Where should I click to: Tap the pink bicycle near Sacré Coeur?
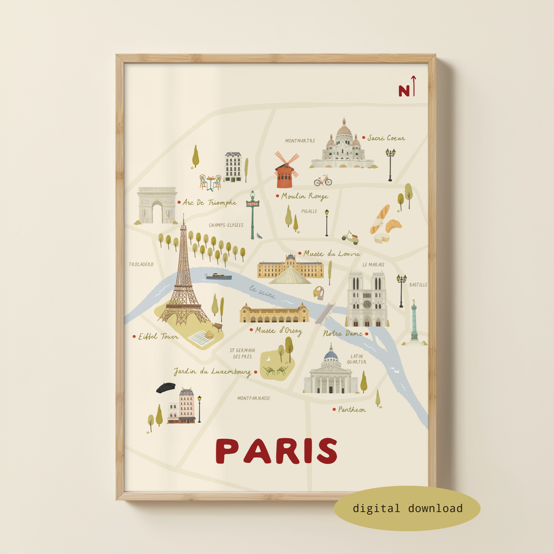323,181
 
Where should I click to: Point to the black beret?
166,387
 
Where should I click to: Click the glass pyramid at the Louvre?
290,276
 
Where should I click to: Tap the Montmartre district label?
300,141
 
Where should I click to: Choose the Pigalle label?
309,211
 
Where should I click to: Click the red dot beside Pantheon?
334,409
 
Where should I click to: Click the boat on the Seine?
219,277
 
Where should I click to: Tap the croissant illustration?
393,226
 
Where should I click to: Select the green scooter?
350,238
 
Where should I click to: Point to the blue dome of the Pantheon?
331,355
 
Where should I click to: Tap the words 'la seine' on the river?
262,292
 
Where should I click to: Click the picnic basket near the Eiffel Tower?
209,335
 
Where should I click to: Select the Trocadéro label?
141,264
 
